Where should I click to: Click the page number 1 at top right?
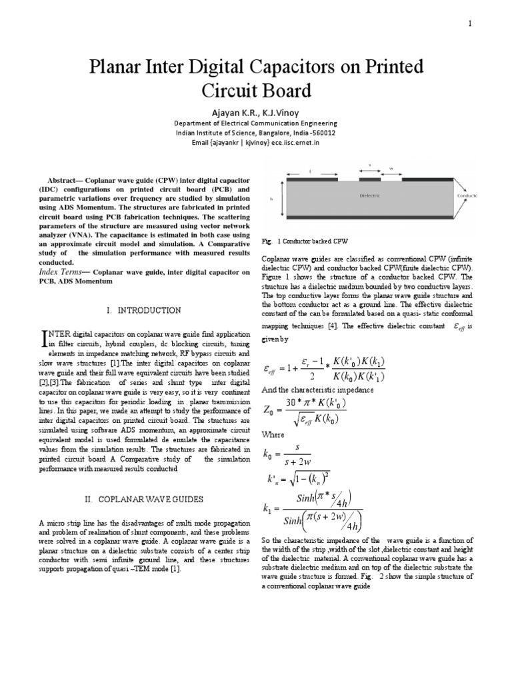click(469, 25)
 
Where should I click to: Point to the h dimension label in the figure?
click(271, 198)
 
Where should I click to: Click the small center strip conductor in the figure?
click(370, 179)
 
